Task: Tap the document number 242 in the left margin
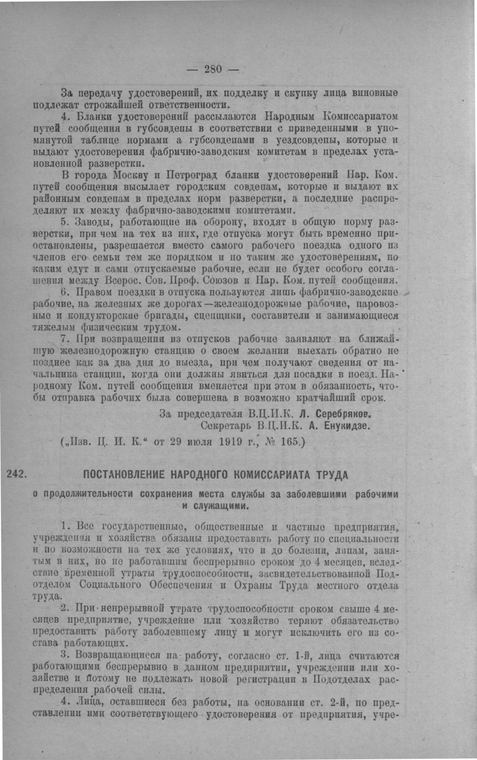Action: (17, 474)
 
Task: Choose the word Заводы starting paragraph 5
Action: (93, 221)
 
